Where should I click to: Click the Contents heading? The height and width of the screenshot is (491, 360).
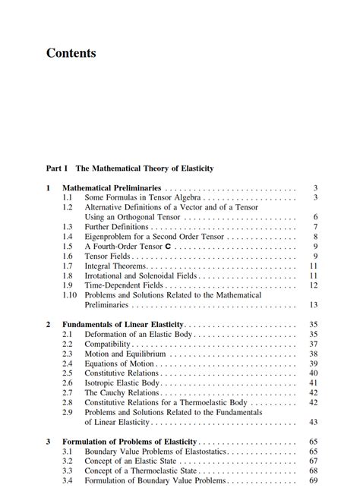pyautogui.click(x=71, y=53)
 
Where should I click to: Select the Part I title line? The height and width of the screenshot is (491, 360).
pyautogui.click(x=130, y=168)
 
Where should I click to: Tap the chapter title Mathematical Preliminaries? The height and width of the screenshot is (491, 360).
pyautogui.click(x=112, y=187)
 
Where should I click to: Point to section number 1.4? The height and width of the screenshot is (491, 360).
pyautogui.click(x=68, y=237)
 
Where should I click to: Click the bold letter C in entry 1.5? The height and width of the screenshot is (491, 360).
pyautogui.click(x=168, y=247)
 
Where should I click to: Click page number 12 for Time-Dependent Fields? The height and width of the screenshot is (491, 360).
pyautogui.click(x=313, y=285)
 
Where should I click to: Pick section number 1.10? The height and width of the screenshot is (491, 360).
pyautogui.click(x=70, y=295)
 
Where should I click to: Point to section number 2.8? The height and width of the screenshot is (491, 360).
pyautogui.click(x=68, y=403)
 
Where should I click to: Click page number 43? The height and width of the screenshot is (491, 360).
pyautogui.click(x=313, y=422)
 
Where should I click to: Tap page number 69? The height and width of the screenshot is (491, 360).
pyautogui.click(x=313, y=481)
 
